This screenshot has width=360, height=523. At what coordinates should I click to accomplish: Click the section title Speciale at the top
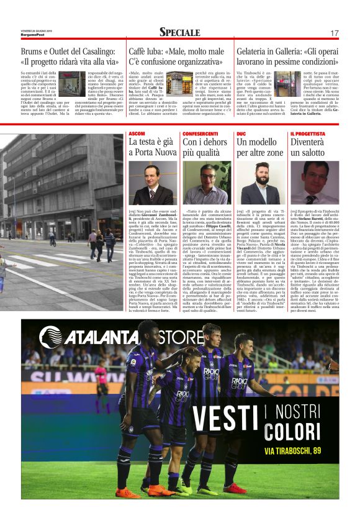179,32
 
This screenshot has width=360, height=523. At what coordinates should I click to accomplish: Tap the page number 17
335,33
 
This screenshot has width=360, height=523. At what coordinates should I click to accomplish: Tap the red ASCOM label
137,134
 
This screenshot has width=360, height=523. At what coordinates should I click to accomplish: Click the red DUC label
241,134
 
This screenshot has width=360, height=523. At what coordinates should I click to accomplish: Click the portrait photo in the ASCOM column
152,183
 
